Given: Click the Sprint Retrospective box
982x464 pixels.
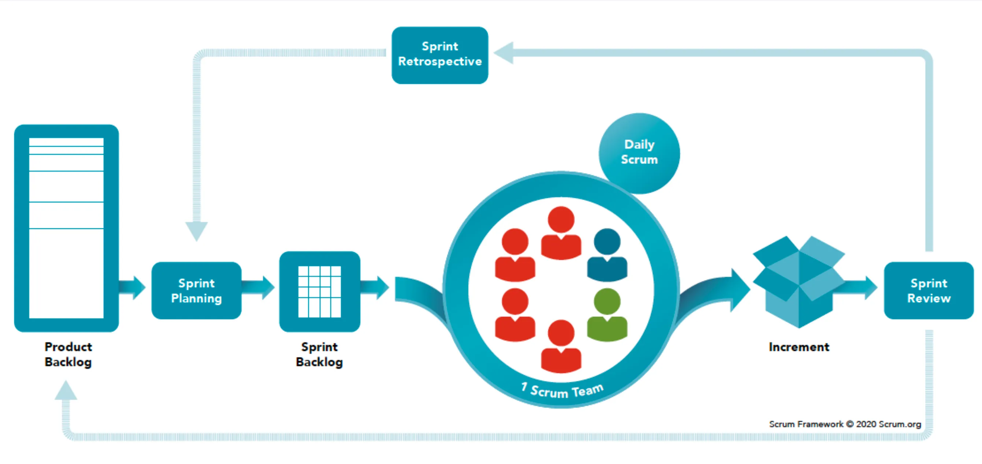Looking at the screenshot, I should (440, 55).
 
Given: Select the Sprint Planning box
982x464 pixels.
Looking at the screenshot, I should (196, 291).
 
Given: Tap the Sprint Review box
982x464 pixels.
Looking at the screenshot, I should (928, 291).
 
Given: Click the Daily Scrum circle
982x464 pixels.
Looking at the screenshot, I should (639, 153).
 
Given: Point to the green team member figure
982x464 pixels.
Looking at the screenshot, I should (607, 315).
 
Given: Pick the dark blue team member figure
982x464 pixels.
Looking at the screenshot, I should (607, 255).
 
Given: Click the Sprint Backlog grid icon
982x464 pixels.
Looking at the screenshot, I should (320, 291).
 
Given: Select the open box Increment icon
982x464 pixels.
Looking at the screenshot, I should (799, 282).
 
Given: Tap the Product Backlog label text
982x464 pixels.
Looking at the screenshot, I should (68, 354).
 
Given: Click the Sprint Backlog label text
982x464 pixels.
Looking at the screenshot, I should (320, 354).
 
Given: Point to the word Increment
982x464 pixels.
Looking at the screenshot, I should (799, 347).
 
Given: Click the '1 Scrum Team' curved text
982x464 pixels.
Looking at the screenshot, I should (562, 390).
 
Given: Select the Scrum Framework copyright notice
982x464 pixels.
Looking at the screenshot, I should (845, 424).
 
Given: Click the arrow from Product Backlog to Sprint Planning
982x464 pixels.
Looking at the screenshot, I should (132, 287).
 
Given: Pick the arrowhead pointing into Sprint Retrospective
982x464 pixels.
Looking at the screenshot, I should (504, 53).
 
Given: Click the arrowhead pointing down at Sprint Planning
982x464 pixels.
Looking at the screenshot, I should (196, 230).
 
